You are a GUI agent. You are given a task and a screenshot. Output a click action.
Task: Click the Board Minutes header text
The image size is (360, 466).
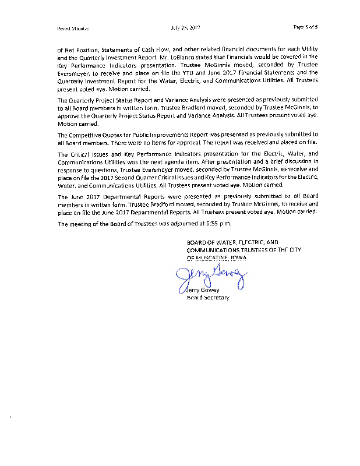69,28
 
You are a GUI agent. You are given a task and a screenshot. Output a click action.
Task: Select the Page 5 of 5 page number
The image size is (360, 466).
305,27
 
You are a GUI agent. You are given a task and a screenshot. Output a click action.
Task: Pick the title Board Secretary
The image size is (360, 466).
208,298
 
